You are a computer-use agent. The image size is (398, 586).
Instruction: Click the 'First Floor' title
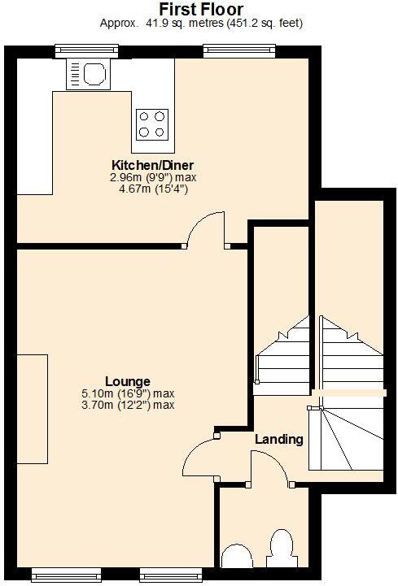click(x=200, y=9)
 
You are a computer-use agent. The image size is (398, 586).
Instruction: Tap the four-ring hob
click(x=152, y=123)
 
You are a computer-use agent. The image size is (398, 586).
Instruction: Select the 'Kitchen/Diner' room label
click(x=153, y=165)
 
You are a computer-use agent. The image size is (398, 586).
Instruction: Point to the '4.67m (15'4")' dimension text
click(x=153, y=189)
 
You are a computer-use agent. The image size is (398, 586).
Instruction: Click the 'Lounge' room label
click(x=128, y=380)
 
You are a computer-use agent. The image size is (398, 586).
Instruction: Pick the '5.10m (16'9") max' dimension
click(x=128, y=393)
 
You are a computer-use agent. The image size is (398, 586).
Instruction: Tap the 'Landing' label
click(x=278, y=440)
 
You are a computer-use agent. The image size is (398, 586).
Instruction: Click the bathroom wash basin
click(x=237, y=557)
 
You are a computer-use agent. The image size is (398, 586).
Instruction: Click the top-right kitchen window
click(x=239, y=50)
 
